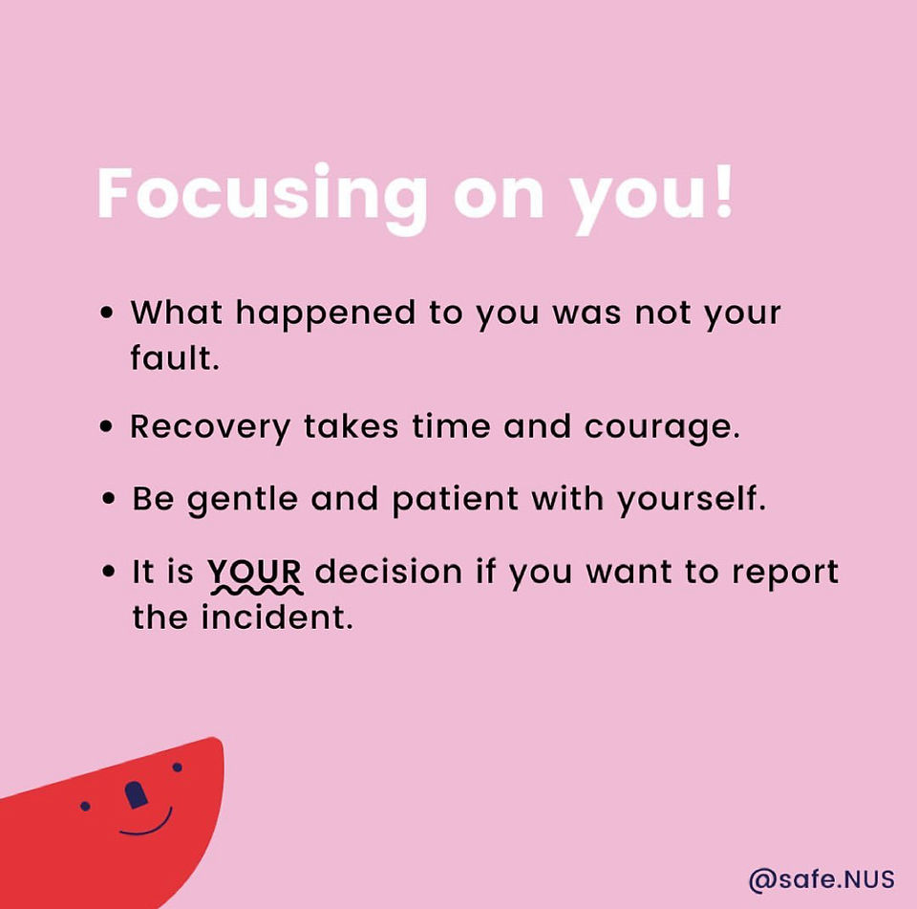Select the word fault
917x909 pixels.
click(x=175, y=357)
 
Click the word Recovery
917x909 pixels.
click(x=210, y=428)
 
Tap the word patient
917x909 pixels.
click(x=455, y=501)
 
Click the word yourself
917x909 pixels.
click(x=692, y=501)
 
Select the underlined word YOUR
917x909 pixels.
click(x=255, y=571)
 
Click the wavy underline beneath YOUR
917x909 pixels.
click(x=257, y=591)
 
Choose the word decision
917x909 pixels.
click(x=389, y=571)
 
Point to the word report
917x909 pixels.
click(x=785, y=574)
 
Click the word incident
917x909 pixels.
click(x=277, y=617)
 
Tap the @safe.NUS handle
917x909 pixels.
click(x=821, y=879)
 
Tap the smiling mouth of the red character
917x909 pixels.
click(x=146, y=826)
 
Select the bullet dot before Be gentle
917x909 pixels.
click(x=108, y=499)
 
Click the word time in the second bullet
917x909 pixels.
click(x=451, y=426)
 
